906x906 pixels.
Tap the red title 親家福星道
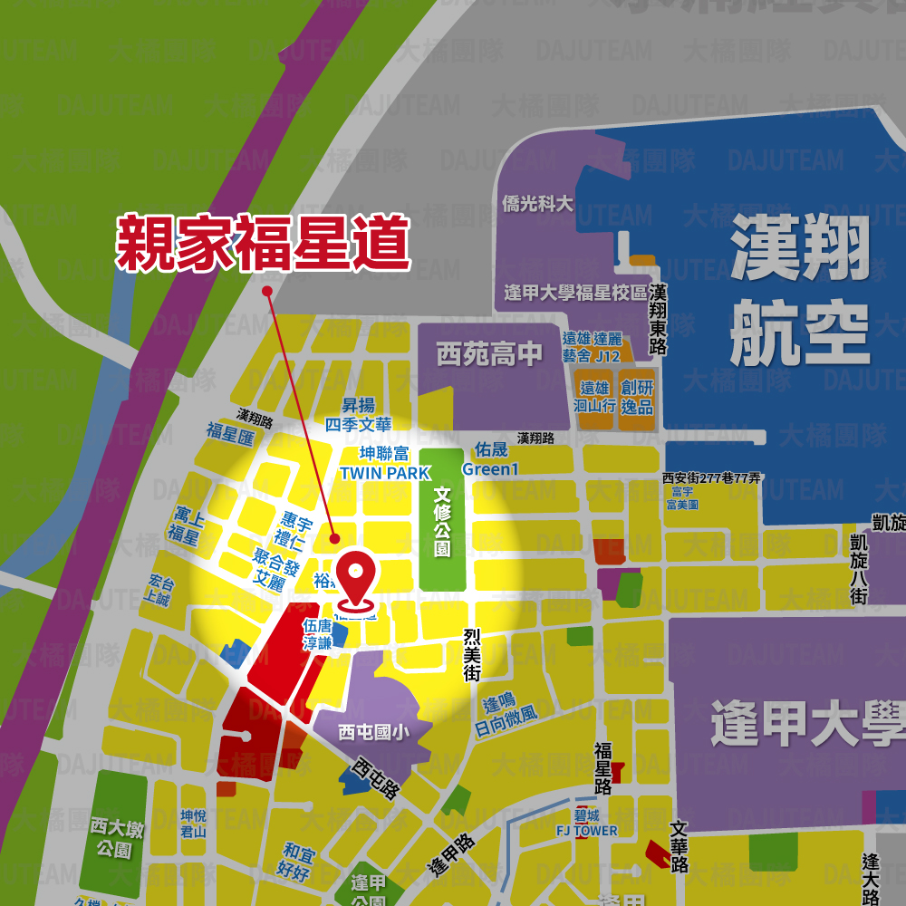263,243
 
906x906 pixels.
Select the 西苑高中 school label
490,353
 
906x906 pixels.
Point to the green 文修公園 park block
442,522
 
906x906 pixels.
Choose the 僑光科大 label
537,204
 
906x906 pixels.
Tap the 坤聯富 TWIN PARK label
384,463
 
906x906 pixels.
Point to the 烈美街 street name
471,656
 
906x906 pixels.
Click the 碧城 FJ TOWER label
586,824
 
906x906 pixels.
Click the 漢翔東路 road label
659,320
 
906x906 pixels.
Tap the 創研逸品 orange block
637,397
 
